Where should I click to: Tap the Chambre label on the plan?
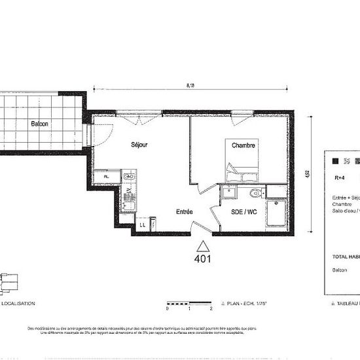coord(243,145)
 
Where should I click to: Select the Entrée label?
coord(184,211)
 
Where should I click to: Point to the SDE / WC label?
coord(244,212)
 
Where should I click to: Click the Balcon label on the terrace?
coord(39,123)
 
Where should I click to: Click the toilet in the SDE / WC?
coord(255,193)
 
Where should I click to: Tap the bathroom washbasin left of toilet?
coord(228,192)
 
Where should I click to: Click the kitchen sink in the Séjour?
coord(128,175)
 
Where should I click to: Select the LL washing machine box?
coord(142,225)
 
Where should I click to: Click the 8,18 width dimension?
coord(190,84)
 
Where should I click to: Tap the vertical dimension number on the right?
coord(306,175)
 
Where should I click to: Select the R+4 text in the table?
coord(340,177)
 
